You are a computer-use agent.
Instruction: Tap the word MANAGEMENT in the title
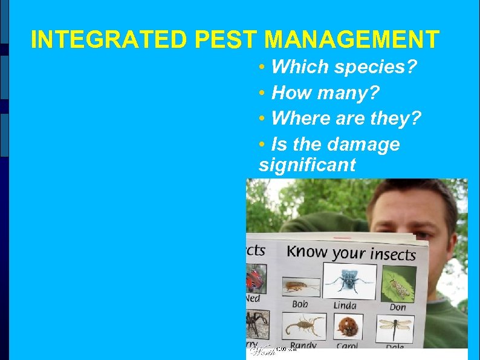pos(352,40)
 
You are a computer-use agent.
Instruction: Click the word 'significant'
pos(307,165)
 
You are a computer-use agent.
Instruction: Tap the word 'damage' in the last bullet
pos(363,144)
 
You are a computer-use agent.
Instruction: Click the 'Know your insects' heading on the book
pos(351,252)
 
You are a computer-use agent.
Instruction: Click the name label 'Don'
pos(397,307)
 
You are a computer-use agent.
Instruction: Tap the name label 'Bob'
pos(299,303)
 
